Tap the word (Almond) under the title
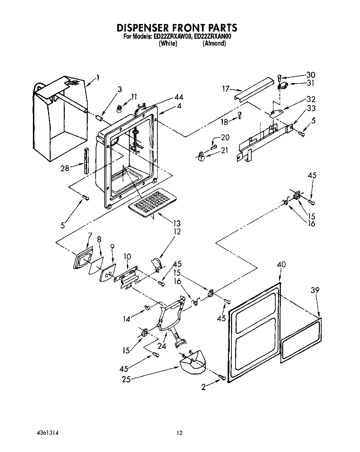pos(214,44)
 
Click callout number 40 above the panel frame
pos(281,265)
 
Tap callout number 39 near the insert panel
pos(315,290)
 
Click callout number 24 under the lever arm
pos(161,346)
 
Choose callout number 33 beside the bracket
pos(311,108)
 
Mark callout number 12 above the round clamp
pos(177,232)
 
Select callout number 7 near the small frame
pos(90,235)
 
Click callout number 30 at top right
pos(311,75)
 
